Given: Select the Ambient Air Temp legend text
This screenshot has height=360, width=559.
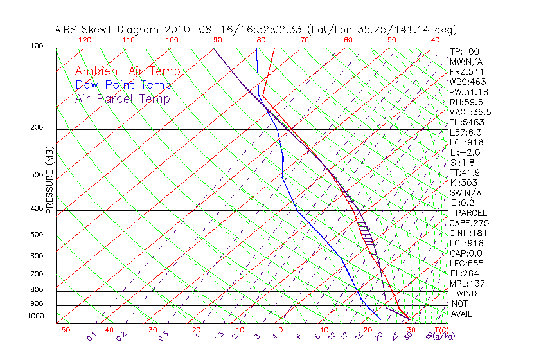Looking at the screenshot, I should (127, 71).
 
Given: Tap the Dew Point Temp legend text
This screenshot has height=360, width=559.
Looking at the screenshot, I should (123, 85).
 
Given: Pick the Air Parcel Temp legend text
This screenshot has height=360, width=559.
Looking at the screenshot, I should (122, 98).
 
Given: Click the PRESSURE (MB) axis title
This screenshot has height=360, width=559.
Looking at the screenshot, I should (49, 183).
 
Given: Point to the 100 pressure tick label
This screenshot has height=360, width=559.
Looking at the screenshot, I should (37, 46).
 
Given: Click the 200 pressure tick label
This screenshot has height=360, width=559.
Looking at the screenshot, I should (37, 127).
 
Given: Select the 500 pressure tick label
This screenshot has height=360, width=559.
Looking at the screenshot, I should (37, 235).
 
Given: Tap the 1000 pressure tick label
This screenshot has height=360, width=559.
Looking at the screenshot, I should (35, 316).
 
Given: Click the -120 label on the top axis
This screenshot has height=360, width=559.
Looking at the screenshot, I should (82, 40).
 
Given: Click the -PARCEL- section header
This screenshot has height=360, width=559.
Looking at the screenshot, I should (472, 213).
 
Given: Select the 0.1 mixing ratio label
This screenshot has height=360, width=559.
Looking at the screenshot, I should (91, 336).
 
